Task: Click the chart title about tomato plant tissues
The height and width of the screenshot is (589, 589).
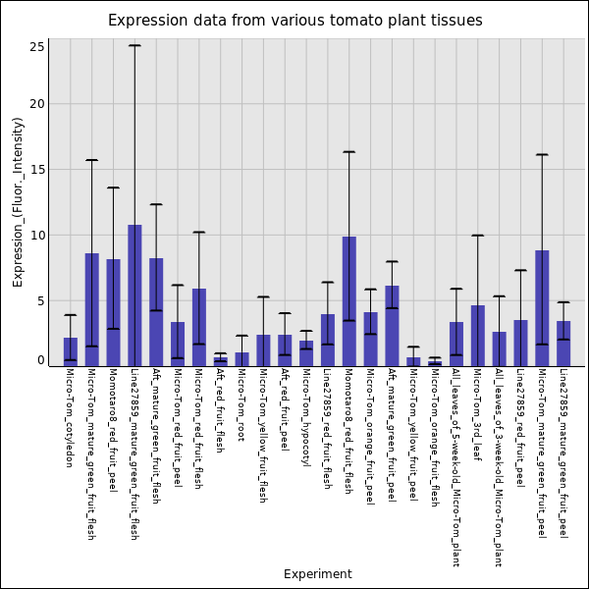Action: click(x=294, y=21)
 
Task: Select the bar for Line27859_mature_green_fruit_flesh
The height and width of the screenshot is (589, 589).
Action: click(x=134, y=294)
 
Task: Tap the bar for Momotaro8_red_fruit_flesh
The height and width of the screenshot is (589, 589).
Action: click(x=348, y=300)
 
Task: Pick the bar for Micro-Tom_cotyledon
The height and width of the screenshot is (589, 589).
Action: click(x=71, y=351)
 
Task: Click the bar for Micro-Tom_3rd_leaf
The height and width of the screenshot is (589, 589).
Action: click(x=477, y=335)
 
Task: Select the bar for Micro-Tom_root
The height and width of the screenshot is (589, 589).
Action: click(x=241, y=359)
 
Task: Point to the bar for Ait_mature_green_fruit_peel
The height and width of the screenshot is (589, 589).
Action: click(x=392, y=325)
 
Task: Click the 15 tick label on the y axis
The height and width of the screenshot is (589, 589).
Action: click(x=37, y=170)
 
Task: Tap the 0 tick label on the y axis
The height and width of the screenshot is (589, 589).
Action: click(x=40, y=360)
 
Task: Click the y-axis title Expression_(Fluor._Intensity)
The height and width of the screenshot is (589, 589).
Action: click(x=18, y=201)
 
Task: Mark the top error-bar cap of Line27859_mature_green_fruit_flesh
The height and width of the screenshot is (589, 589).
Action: click(x=134, y=45)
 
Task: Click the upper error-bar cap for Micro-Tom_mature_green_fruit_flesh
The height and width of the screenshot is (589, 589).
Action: click(x=91, y=160)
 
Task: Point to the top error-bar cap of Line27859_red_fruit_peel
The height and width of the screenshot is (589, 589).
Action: click(x=520, y=270)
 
